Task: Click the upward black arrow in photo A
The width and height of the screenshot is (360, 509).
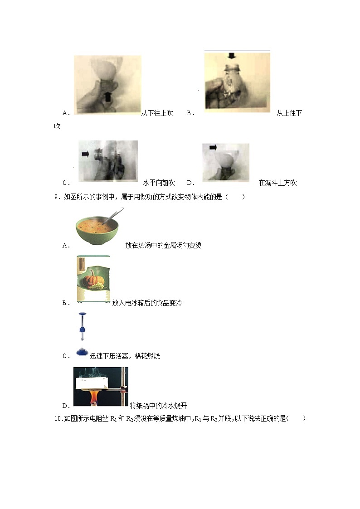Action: coord(107,96)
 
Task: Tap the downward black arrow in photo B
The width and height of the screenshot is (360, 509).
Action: coord(232,56)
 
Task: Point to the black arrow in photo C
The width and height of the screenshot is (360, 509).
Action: coord(85,154)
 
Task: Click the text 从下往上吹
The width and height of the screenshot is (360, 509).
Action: coord(157,113)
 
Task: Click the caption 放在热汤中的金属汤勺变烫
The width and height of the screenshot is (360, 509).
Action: coord(163,245)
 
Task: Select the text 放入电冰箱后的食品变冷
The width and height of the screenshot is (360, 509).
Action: coord(147,303)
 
